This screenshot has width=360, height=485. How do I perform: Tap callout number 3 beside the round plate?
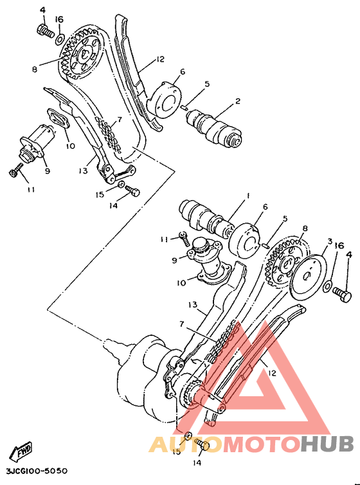point(328,241)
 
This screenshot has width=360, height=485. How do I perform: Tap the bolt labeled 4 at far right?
point(343,295)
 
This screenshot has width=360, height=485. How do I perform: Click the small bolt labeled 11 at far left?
point(16,171)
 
